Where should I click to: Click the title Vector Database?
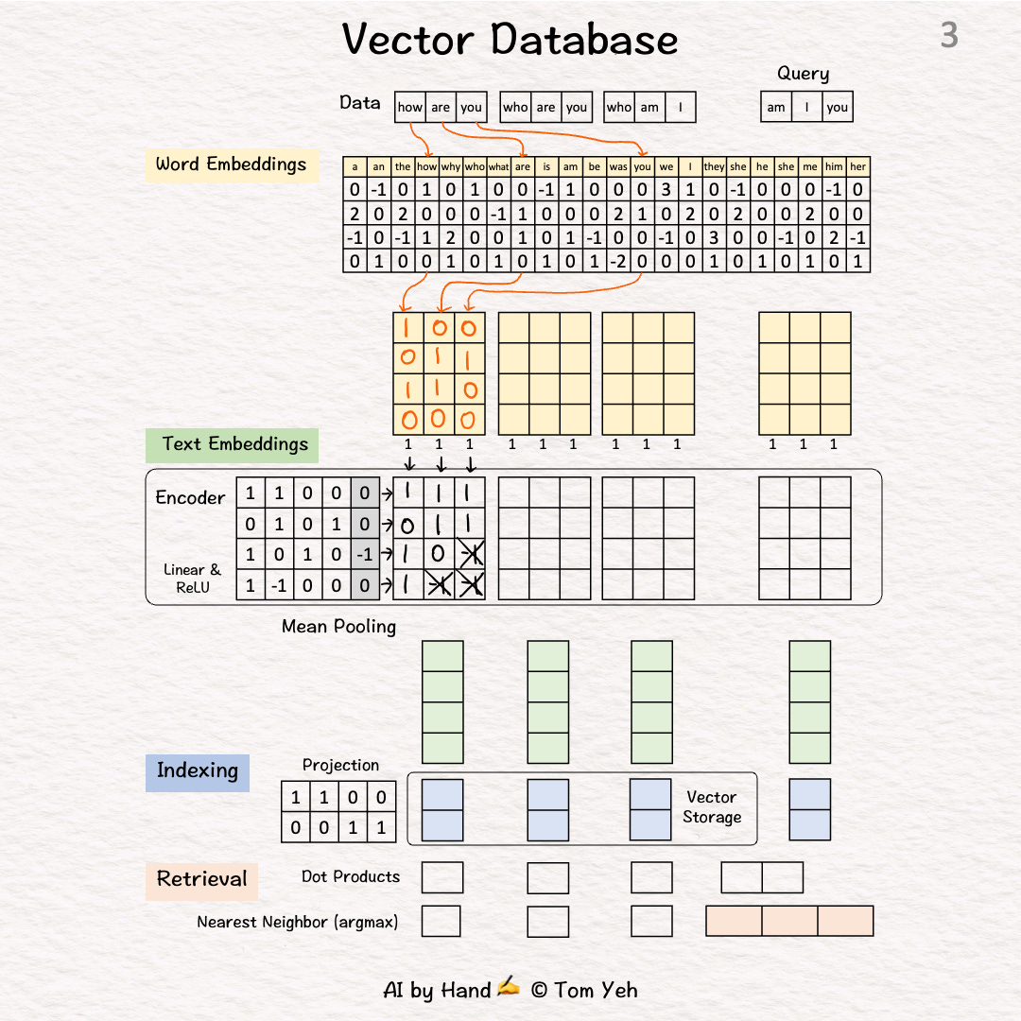510,40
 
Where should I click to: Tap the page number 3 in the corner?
949,36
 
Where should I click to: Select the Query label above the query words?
803,74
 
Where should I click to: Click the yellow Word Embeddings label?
231,164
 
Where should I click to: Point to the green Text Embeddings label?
234,444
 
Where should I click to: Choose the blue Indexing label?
197,770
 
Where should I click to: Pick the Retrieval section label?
201,879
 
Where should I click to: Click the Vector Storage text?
712,807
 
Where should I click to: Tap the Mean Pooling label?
338,626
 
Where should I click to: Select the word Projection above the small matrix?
340,765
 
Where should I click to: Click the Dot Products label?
351,877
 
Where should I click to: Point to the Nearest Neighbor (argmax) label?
297,922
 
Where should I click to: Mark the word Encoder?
190,498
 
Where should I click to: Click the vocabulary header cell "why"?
451,167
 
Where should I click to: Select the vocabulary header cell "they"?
714,167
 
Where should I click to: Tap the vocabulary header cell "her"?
857,167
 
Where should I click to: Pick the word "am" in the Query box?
776,108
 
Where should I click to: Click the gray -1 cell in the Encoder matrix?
365,555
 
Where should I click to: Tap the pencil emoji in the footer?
509,989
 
